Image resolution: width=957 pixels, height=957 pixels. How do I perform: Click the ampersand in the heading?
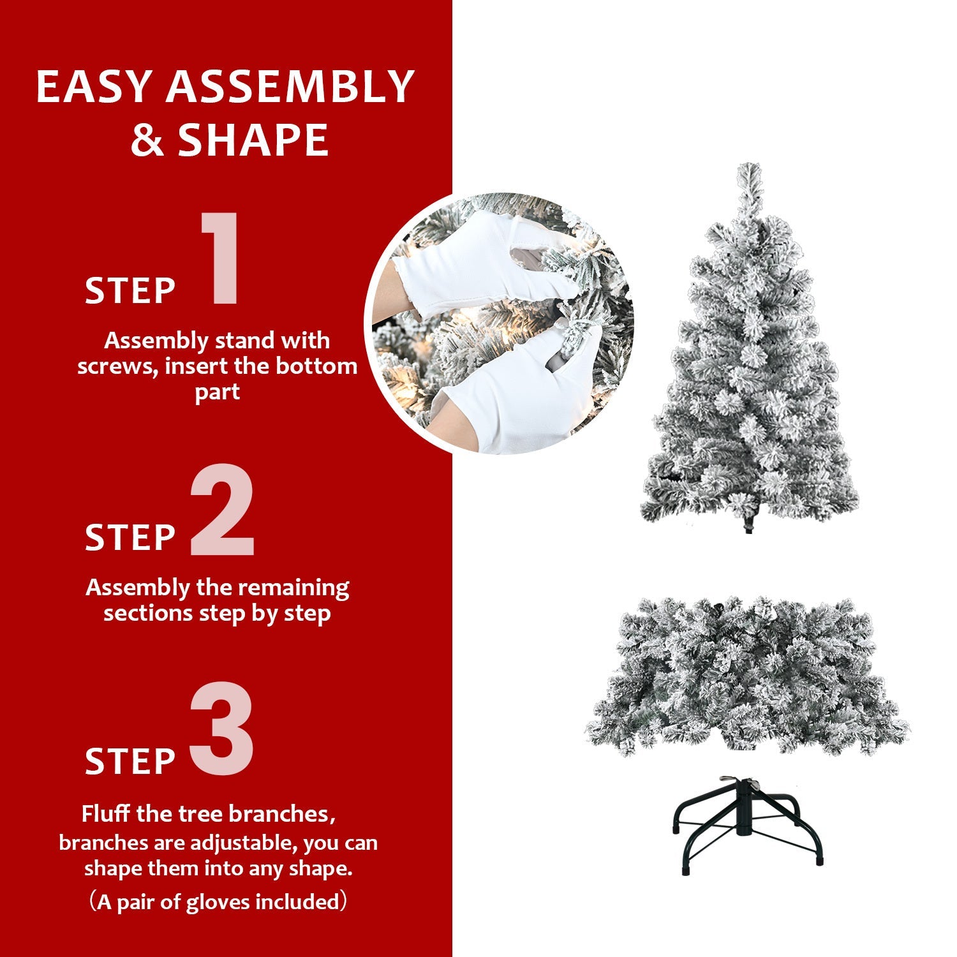coord(147,141)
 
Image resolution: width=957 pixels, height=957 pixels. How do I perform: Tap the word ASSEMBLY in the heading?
coord(290,87)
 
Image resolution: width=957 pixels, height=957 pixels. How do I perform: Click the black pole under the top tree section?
coord(748,526)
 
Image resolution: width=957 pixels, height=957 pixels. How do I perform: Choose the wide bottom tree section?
coord(747,676)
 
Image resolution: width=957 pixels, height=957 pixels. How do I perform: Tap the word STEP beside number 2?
coord(130,538)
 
